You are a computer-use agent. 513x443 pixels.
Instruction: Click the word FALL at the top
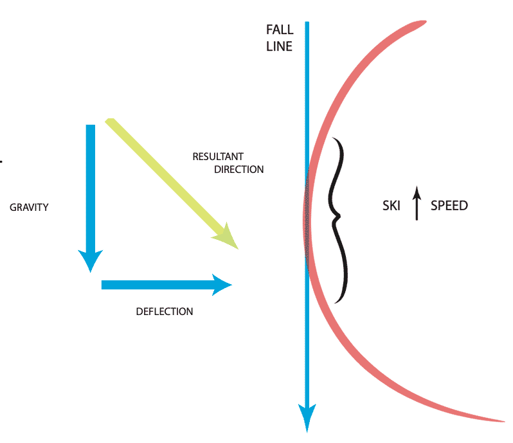pyautogui.click(x=280, y=30)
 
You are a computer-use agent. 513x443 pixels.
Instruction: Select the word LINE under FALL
pyautogui.click(x=280, y=46)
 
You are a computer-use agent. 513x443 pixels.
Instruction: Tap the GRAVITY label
pyautogui.click(x=30, y=208)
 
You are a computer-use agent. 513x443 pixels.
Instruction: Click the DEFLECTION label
pyautogui.click(x=165, y=312)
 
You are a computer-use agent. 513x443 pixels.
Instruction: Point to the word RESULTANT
pyautogui.click(x=219, y=156)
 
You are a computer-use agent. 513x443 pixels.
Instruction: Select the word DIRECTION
pyautogui.click(x=239, y=170)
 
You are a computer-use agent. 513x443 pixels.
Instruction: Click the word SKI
pyautogui.click(x=392, y=206)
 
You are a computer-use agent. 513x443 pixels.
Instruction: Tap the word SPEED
pyautogui.click(x=449, y=206)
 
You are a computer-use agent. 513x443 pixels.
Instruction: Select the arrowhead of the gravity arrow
pyautogui.click(x=91, y=260)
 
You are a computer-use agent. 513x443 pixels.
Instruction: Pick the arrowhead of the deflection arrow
pyautogui.click(x=221, y=285)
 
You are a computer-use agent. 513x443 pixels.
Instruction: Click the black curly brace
pyautogui.click(x=337, y=219)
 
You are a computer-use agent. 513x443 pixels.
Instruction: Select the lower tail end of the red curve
pyautogui.click(x=501, y=421)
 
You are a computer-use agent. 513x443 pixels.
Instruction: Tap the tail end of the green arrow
pyautogui.click(x=110, y=121)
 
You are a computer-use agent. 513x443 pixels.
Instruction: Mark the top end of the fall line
pyautogui.click(x=308, y=24)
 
